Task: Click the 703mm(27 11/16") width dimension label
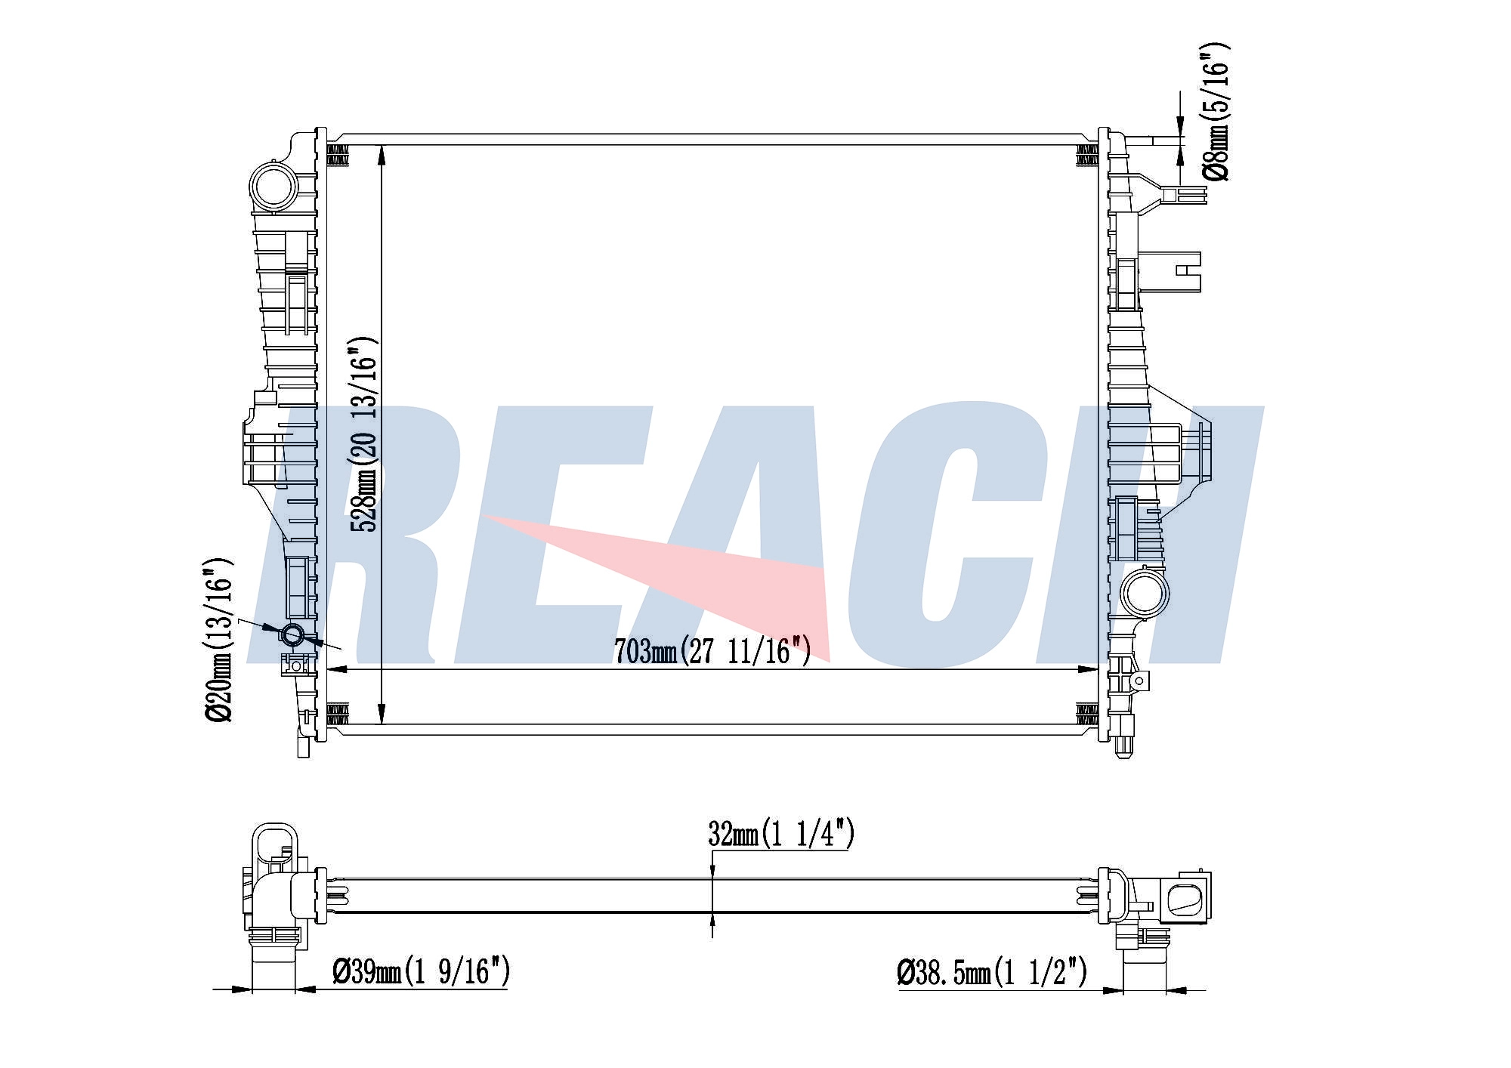[x=712, y=650]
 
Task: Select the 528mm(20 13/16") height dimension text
[x=363, y=434]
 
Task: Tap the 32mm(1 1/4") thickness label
[x=781, y=835]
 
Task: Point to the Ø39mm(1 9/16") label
[x=421, y=971]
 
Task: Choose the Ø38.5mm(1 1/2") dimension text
[x=992, y=971]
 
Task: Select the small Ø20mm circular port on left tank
[x=292, y=634]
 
